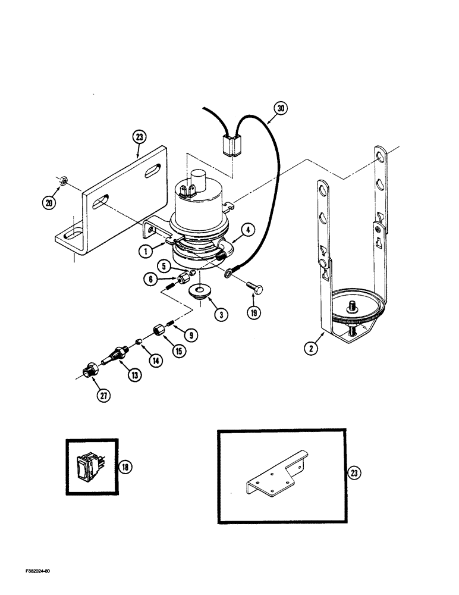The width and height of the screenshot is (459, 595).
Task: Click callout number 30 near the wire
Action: pyautogui.click(x=280, y=109)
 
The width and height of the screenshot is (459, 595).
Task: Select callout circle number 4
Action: pyautogui.click(x=249, y=229)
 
